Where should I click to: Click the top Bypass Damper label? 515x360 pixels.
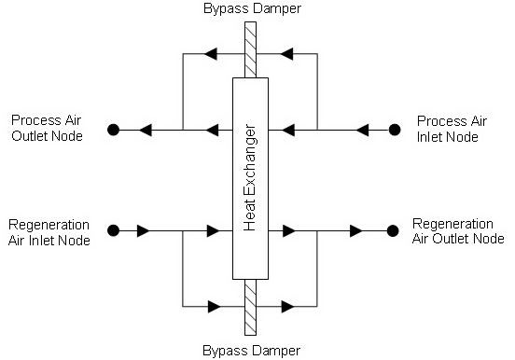(250, 8)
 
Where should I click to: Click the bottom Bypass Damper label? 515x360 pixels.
(250, 351)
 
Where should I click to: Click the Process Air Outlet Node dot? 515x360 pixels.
(113, 130)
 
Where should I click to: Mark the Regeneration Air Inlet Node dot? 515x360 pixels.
(113, 229)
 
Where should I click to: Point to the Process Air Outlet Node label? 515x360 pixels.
(47, 129)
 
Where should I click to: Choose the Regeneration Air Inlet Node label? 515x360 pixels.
(49, 232)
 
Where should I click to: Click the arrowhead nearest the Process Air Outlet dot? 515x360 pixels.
(145, 130)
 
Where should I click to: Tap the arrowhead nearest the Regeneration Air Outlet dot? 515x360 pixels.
(355, 229)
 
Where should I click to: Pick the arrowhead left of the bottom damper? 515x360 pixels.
(215, 305)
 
